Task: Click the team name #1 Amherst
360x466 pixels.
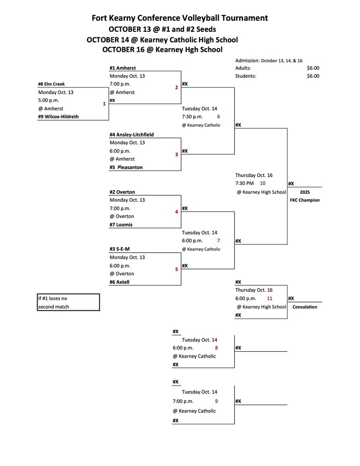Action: tap(122, 68)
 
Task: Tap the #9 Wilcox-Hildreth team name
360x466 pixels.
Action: tap(58, 117)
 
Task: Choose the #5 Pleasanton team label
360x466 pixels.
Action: tap(126, 167)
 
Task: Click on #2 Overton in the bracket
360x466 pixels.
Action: tap(122, 192)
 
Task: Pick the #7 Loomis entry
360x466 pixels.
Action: tap(121, 225)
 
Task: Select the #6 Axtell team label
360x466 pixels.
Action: tap(120, 282)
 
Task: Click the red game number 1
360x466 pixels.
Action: tap(104, 104)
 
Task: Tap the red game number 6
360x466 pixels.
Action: tap(218, 116)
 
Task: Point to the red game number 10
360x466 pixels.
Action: tap(263, 183)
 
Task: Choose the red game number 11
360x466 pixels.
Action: tap(269, 299)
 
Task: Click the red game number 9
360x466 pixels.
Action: tap(217, 401)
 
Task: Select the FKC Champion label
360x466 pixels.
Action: tap(304, 200)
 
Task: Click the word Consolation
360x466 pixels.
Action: tap(304, 307)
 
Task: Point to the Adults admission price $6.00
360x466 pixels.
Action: tap(313, 68)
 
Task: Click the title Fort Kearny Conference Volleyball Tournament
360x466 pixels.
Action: tap(180, 18)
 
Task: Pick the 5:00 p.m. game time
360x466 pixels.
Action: tap(49, 101)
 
